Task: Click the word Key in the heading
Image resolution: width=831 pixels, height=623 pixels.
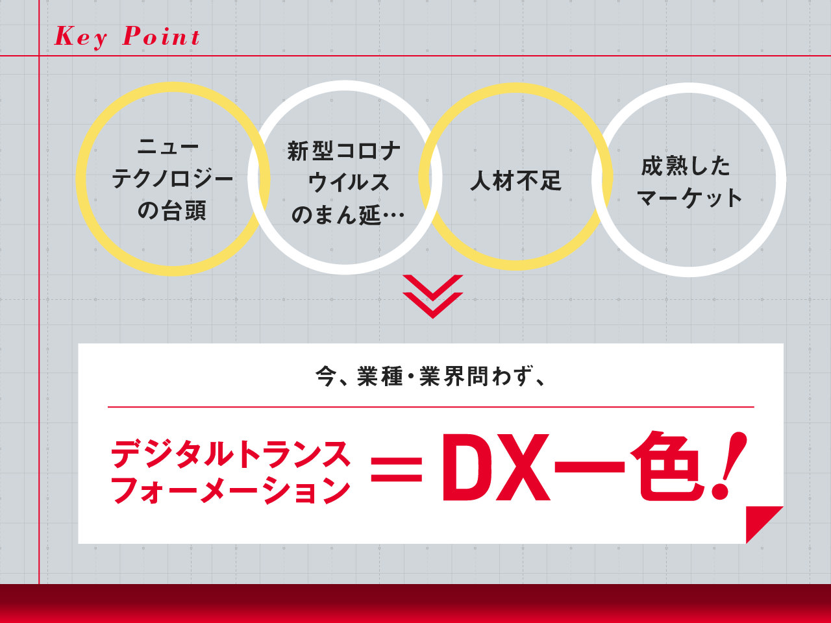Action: [x=81, y=38]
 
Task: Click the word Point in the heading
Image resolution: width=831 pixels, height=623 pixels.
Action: [x=161, y=36]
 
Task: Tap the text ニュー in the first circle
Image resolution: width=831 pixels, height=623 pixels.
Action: [x=168, y=147]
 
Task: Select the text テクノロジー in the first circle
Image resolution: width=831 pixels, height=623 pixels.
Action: [x=172, y=178]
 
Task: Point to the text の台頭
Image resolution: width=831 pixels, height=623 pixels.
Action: [x=171, y=210]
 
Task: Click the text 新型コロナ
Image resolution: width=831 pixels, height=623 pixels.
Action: [x=343, y=151]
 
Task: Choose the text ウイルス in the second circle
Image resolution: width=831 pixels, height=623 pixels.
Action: [x=349, y=183]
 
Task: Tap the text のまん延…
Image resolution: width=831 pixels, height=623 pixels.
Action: [x=348, y=215]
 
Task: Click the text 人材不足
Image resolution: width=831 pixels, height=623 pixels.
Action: [x=515, y=180]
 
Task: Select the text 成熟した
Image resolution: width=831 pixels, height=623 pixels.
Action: [x=686, y=166]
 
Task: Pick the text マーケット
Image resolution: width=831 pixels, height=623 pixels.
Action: [x=689, y=198]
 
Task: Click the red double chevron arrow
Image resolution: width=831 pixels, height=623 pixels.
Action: [x=433, y=297]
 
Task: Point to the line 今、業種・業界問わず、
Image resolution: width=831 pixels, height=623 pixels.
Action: [x=430, y=376]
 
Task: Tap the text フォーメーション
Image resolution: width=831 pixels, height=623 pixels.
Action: [x=230, y=490]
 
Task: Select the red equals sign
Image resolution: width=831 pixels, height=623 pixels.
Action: [x=397, y=469]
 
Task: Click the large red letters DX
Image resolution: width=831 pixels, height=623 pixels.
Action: [x=496, y=467]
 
